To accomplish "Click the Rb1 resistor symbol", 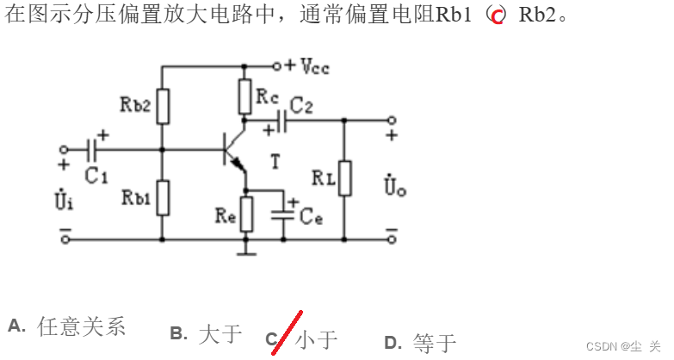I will click(x=162, y=196).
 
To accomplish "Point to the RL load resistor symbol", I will click(x=344, y=178).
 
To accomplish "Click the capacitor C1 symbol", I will click(x=94, y=148).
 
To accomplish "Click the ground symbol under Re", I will click(x=246, y=251).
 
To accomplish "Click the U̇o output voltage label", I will click(x=394, y=185).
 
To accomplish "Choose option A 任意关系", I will click(x=81, y=326).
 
